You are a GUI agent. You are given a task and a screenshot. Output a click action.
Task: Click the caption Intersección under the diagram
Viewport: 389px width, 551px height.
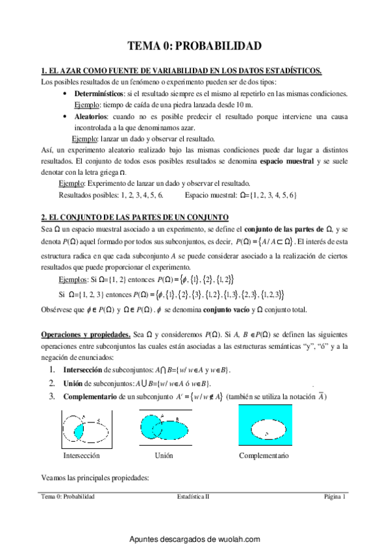[79, 456]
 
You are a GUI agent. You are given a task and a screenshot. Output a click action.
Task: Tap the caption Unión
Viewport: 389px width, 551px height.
[164, 456]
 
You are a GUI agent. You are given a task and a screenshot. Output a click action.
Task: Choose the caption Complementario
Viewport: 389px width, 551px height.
[264, 456]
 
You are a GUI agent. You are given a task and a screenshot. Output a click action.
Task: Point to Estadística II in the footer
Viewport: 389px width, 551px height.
[194, 497]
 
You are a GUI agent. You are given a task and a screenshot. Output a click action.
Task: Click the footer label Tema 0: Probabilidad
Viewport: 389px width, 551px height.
[68, 497]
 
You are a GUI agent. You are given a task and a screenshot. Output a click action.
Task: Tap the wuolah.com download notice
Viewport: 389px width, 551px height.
[194, 539]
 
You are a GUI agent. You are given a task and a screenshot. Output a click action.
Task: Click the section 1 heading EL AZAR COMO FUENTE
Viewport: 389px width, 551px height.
[181, 71]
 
